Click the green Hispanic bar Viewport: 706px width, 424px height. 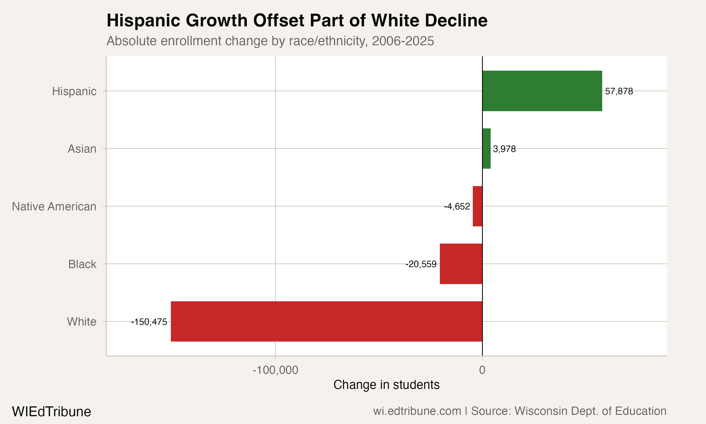pos(542,91)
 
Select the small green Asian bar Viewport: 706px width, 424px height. pos(486,149)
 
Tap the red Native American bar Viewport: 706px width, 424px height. pos(477,206)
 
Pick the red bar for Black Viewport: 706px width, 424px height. pos(461,264)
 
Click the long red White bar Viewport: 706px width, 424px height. pos(326,322)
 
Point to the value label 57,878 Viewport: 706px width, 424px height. pos(619,91)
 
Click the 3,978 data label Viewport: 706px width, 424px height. pos(504,149)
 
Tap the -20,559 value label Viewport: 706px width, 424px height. pos(421,264)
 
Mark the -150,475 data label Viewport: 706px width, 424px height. pos(149,322)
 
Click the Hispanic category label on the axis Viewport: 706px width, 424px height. pos(74,91)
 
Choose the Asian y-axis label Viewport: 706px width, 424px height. pos(82,149)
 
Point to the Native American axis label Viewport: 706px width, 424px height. pos(54,207)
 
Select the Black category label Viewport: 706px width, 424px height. pos(82,264)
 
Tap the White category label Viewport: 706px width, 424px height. pos(82,322)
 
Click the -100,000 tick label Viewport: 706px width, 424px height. pos(275,370)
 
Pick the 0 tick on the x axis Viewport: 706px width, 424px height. pos(482,370)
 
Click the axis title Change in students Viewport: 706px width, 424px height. pos(386,385)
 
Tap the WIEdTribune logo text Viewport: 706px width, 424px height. pos(51,412)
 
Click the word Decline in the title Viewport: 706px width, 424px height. pos(456,20)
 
